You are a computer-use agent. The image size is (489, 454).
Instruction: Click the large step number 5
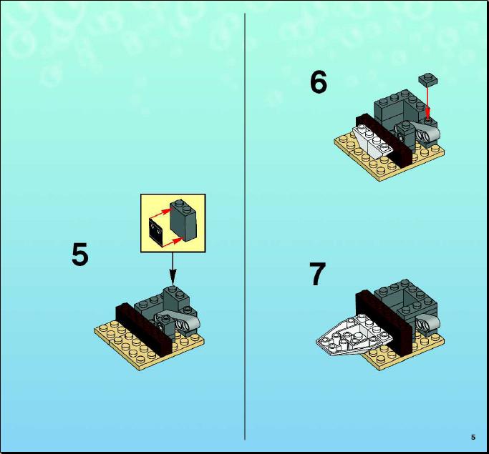click(80, 255)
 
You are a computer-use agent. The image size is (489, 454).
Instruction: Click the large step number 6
click(319, 82)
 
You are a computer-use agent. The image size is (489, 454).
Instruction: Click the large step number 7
click(318, 274)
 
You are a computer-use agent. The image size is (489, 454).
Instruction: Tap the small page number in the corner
click(473, 437)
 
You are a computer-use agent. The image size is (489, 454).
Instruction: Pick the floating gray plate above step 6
click(428, 79)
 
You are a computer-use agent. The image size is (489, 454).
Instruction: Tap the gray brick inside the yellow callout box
click(183, 220)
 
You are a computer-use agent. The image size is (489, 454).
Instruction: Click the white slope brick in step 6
click(373, 141)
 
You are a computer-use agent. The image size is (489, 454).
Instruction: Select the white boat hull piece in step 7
click(354, 337)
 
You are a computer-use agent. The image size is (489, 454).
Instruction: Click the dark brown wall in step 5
click(144, 330)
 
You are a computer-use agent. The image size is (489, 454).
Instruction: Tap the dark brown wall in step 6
click(384, 140)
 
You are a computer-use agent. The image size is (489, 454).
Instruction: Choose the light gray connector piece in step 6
click(426, 130)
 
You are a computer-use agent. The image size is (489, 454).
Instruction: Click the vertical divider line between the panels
click(245, 227)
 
